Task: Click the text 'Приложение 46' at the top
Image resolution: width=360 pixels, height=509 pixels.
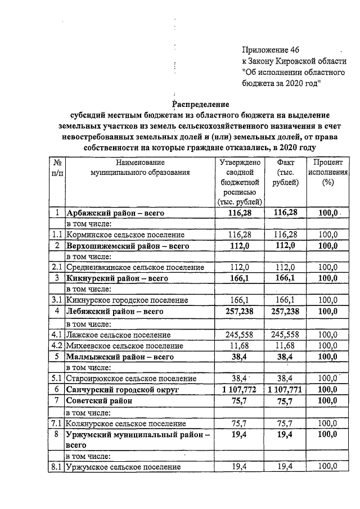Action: pyautogui.click(x=270, y=50)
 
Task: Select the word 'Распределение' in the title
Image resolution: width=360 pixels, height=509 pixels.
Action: pyautogui.click(x=201, y=103)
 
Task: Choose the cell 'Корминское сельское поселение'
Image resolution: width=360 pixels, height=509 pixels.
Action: pyautogui.click(x=125, y=234)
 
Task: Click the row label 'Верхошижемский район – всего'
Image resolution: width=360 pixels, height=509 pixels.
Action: pyautogui.click(x=121, y=246)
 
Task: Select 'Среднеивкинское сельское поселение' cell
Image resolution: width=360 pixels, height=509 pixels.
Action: pyautogui.click(x=135, y=267)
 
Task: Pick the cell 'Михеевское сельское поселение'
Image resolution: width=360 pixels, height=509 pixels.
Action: pyautogui.click(x=124, y=345)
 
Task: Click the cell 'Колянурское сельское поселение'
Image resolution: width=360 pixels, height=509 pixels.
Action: pyautogui.click(x=125, y=422)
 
